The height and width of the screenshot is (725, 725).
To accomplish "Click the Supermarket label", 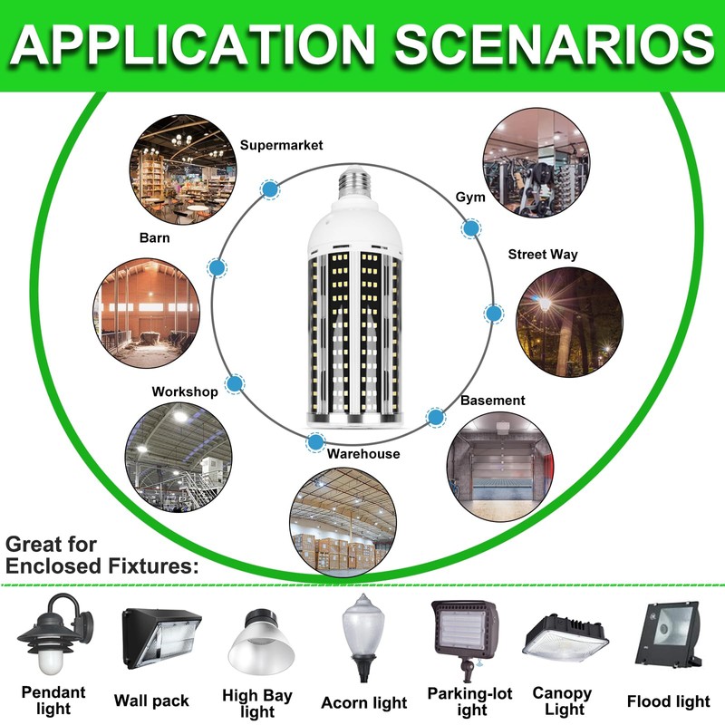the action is click(x=281, y=145).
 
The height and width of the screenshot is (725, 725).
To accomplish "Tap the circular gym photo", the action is click(x=536, y=163).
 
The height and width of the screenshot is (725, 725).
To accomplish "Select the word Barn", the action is click(x=154, y=237).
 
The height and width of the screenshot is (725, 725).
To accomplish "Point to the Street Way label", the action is click(x=543, y=255).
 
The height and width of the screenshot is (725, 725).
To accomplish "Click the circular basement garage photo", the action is click(x=500, y=467).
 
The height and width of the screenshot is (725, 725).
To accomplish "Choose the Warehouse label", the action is click(x=363, y=454).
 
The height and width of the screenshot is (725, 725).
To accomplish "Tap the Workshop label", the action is click(x=185, y=391).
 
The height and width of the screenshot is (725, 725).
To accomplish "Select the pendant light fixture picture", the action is click(x=54, y=634).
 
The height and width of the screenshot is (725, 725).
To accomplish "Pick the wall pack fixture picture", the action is click(x=161, y=638).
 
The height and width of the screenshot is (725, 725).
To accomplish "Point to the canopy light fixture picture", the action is click(x=565, y=640).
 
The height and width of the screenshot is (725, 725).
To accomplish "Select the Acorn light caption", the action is click(x=364, y=702).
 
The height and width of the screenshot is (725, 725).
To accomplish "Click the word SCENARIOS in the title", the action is click(x=555, y=43).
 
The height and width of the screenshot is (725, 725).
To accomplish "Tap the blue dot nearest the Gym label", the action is click(x=471, y=228).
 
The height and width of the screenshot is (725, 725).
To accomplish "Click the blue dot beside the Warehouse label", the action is click(x=315, y=442).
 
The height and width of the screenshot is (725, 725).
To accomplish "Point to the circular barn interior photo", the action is click(x=147, y=314).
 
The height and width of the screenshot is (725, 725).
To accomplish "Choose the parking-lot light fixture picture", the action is click(x=465, y=638).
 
